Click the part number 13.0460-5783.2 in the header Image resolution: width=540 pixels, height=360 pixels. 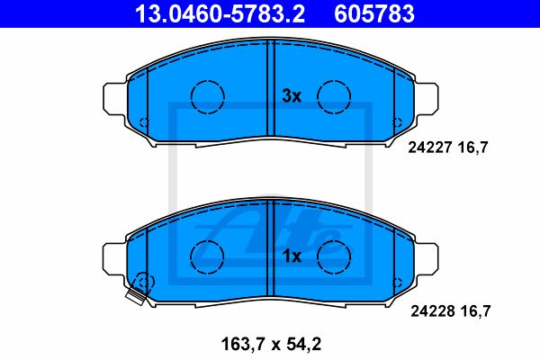[x=220, y=13]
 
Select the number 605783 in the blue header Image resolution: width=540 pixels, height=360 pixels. [x=374, y=13]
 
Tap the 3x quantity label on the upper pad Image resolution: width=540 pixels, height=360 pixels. [x=292, y=95]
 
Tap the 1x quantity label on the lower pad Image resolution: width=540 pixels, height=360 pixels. [x=292, y=256]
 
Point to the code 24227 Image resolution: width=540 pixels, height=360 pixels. [x=429, y=148]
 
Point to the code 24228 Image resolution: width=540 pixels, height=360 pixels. [x=432, y=311]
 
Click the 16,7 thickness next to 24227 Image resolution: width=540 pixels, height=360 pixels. [x=472, y=148]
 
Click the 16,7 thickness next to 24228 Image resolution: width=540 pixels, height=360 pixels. [x=475, y=311]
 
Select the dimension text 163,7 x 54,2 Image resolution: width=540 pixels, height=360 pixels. [x=272, y=344]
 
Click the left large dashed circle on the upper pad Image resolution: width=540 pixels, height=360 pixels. [x=208, y=80]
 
